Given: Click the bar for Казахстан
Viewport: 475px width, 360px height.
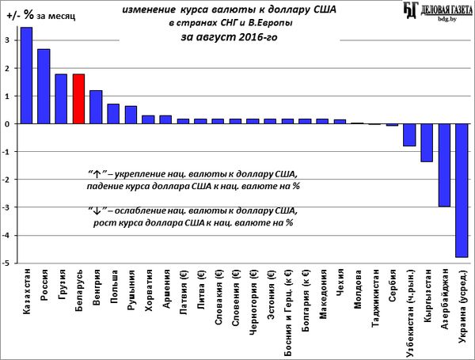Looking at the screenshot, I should coord(26,76).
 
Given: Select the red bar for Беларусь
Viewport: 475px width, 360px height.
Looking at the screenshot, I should coord(78,99).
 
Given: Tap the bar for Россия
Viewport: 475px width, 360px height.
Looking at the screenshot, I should coord(44,86).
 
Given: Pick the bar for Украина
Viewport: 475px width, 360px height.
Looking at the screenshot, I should coord(462,191).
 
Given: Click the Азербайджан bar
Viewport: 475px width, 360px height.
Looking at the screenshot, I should coord(444,165).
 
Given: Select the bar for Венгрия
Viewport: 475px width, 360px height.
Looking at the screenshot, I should coord(96,107).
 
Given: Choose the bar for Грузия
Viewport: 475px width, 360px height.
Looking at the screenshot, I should coord(61,99).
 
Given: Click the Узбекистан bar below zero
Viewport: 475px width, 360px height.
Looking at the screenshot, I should coord(409,135).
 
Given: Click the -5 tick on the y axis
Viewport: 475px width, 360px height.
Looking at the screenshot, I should coord(7,263).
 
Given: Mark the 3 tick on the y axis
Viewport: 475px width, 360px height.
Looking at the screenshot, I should coord(7,40).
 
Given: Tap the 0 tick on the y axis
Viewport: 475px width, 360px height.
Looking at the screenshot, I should coord(7,124).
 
